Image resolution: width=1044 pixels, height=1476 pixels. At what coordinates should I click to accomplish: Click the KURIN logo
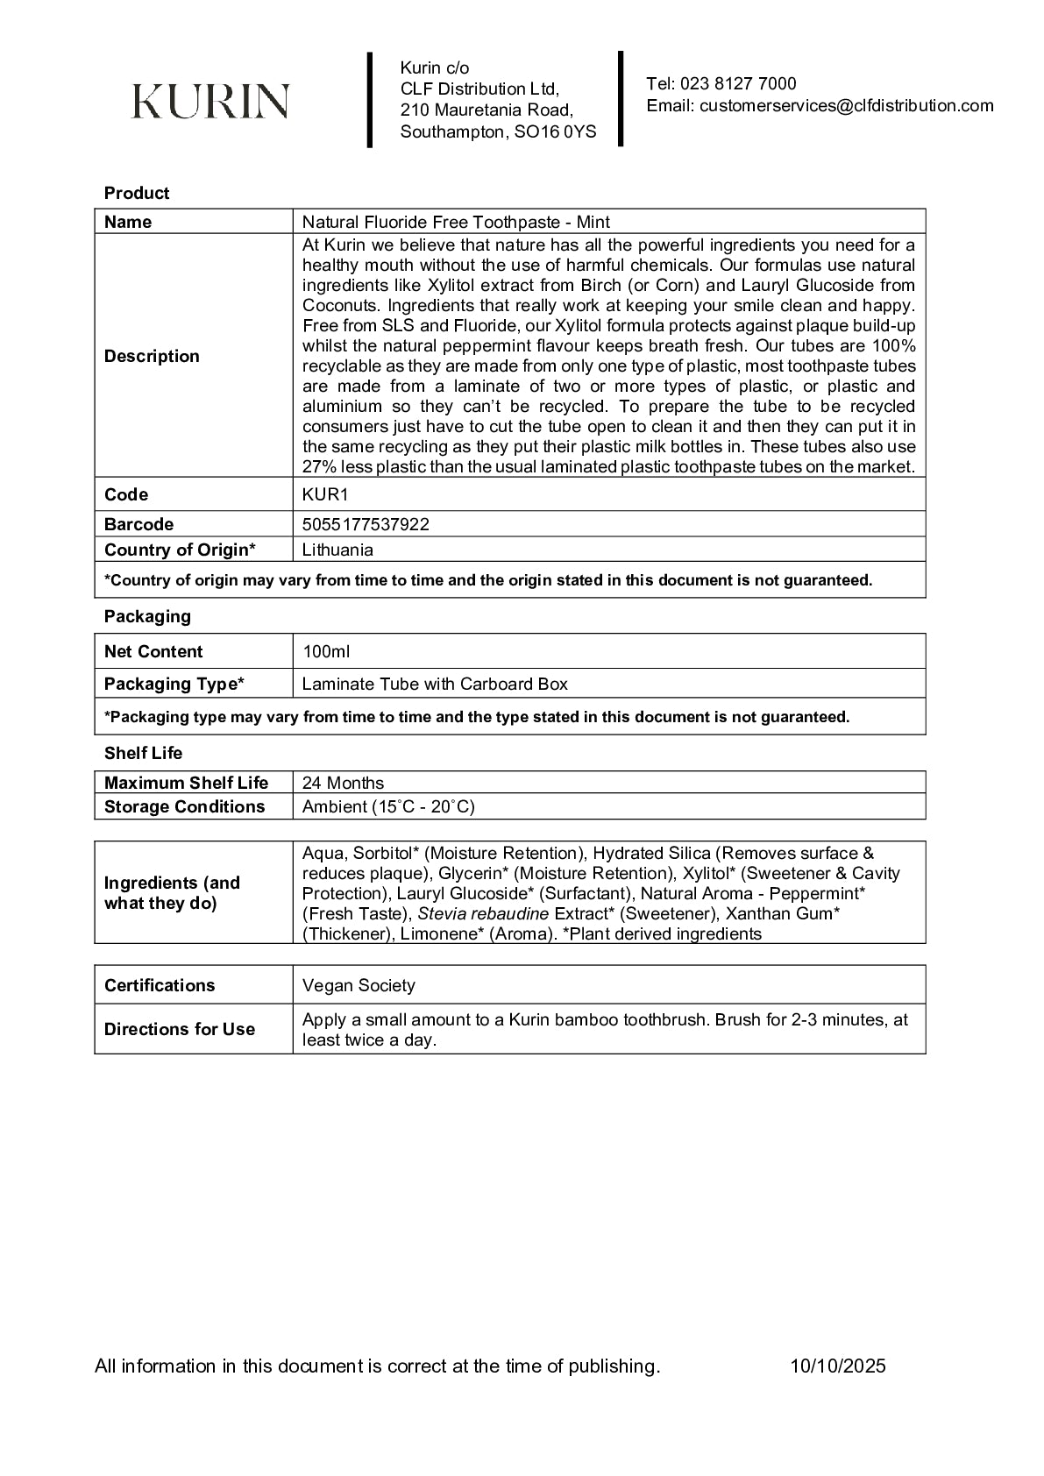click(210, 101)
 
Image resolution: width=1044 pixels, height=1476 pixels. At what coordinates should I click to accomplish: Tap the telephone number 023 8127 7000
click(737, 84)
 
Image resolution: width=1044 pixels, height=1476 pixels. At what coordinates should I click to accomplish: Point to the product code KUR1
click(325, 494)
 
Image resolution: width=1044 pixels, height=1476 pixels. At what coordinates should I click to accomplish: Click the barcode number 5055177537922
click(366, 524)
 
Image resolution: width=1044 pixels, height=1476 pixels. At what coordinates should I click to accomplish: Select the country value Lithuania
click(337, 550)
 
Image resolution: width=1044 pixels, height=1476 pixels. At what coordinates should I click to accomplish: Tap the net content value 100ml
click(326, 651)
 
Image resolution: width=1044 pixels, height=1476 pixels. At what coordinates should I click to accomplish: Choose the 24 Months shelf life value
click(343, 783)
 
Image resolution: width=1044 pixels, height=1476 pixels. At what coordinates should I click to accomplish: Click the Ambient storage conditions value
click(388, 806)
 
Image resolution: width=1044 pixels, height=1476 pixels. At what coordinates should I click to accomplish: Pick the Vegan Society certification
click(359, 985)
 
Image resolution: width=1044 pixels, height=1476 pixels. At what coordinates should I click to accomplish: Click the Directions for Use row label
click(180, 1029)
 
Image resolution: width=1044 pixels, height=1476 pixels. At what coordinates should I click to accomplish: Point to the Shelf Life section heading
click(143, 753)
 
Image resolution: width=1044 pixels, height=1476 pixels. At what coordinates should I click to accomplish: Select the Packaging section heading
click(147, 616)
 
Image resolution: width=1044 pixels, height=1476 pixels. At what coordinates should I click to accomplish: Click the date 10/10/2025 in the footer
click(837, 1366)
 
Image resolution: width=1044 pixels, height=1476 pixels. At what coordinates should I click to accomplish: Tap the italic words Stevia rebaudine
click(484, 914)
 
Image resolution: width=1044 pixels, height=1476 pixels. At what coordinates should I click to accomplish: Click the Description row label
click(152, 356)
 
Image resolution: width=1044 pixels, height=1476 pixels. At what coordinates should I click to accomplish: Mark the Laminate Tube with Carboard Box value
click(435, 684)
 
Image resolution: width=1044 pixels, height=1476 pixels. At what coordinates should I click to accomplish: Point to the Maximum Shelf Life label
click(186, 783)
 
